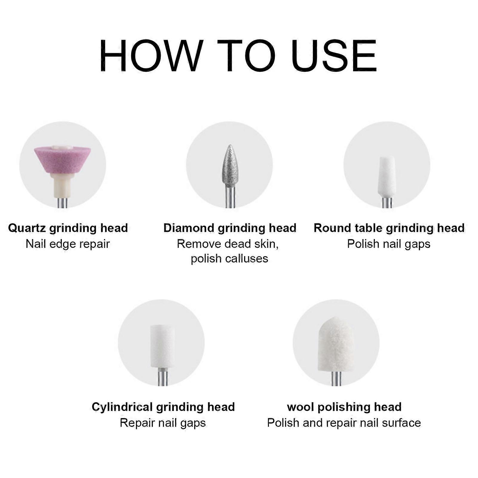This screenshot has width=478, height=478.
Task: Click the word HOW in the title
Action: (151, 56)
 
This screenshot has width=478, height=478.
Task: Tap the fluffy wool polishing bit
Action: (336, 344)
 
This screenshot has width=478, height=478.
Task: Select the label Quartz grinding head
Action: (68, 228)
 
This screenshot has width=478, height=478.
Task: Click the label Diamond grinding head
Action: (229, 228)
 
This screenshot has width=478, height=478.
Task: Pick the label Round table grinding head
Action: (389, 228)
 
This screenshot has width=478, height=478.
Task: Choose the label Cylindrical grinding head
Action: (163, 407)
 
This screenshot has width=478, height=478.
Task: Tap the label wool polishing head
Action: (344, 407)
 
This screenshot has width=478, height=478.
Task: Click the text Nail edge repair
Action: (68, 244)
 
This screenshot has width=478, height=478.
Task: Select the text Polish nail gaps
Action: (388, 244)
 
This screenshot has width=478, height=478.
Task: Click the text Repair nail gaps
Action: (163, 423)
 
